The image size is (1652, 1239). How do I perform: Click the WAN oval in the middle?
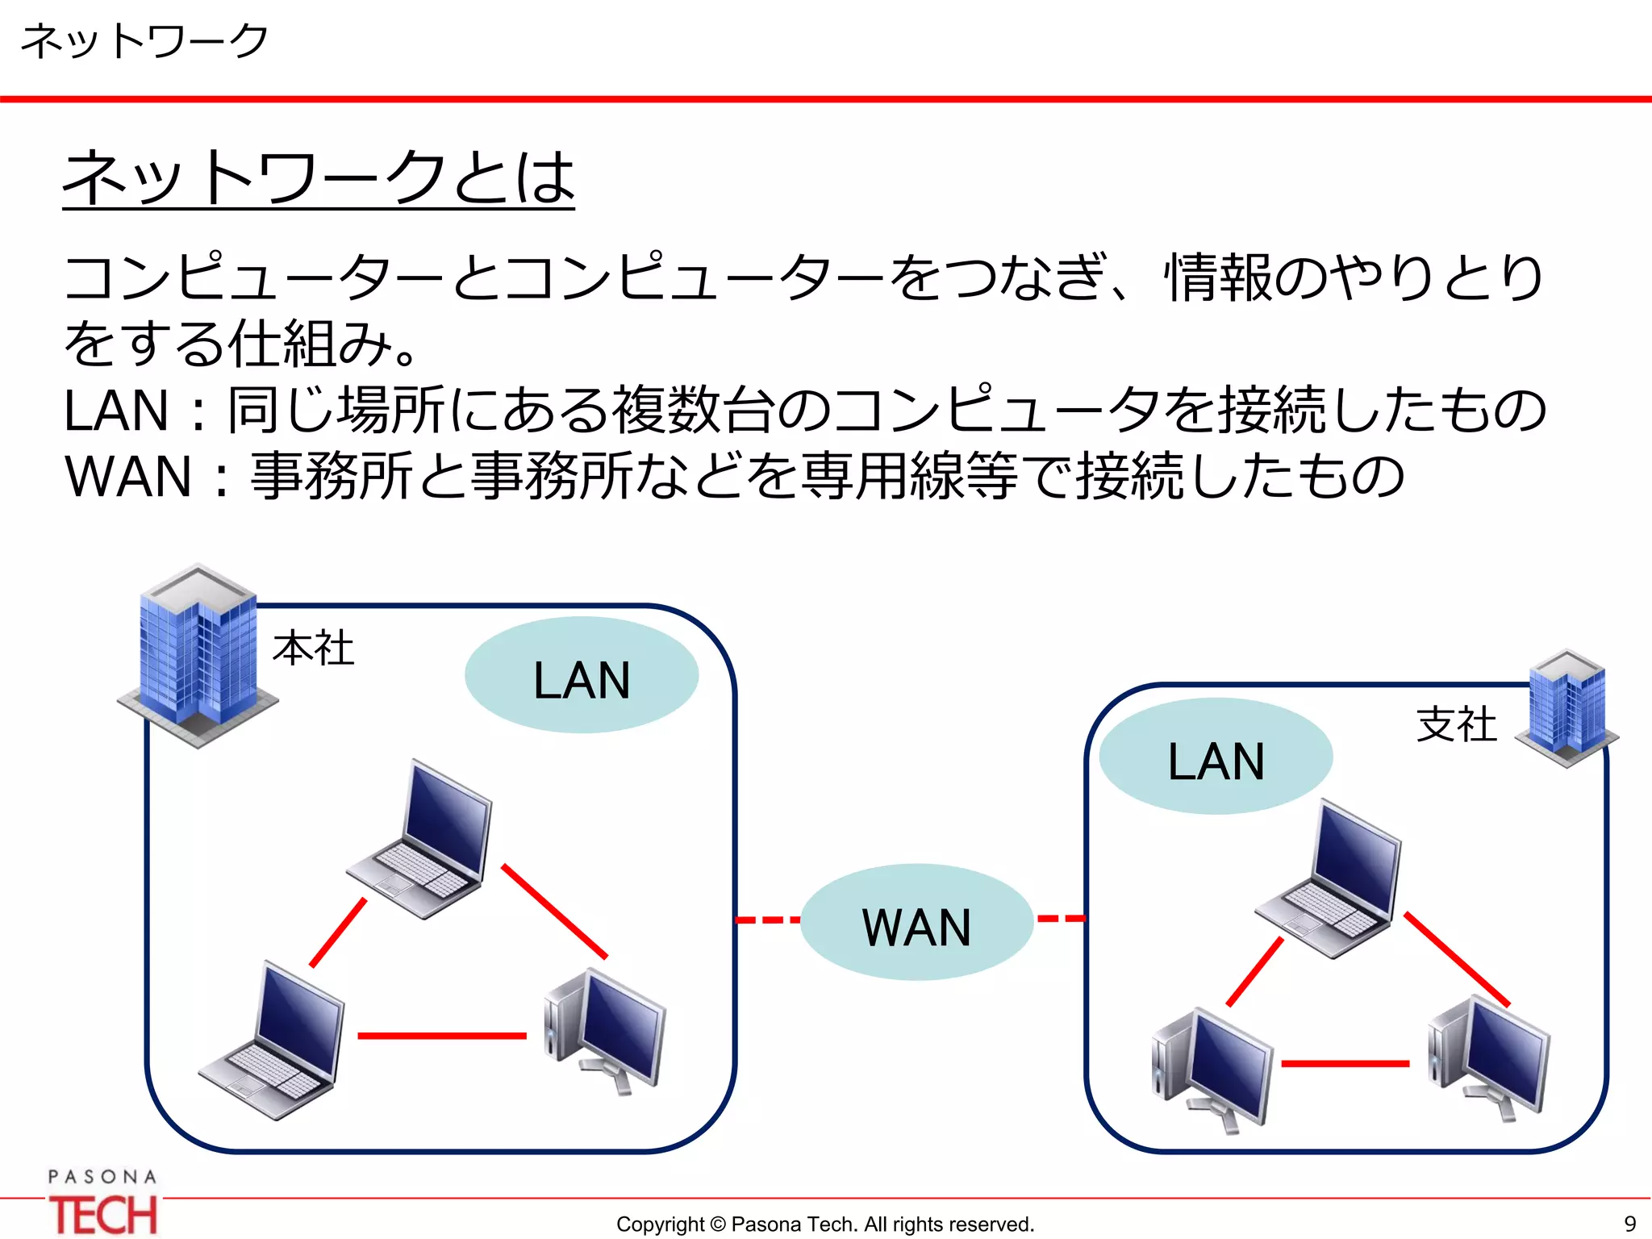916,923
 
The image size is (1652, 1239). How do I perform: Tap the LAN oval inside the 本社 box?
582,676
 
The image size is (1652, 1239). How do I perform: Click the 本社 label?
313,649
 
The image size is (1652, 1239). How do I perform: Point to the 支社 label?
1457,724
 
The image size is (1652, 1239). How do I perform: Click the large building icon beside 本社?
198,655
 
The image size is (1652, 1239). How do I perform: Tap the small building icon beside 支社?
1567,708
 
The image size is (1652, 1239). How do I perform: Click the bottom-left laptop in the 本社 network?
273,1041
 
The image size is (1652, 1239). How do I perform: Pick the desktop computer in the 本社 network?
606,1031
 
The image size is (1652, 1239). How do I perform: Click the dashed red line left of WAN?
767,920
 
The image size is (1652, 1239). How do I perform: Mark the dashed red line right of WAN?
1061,918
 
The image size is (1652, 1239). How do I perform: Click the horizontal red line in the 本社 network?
442,1036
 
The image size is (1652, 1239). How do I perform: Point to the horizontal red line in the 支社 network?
1345,1064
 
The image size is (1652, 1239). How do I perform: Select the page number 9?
1629,1224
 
